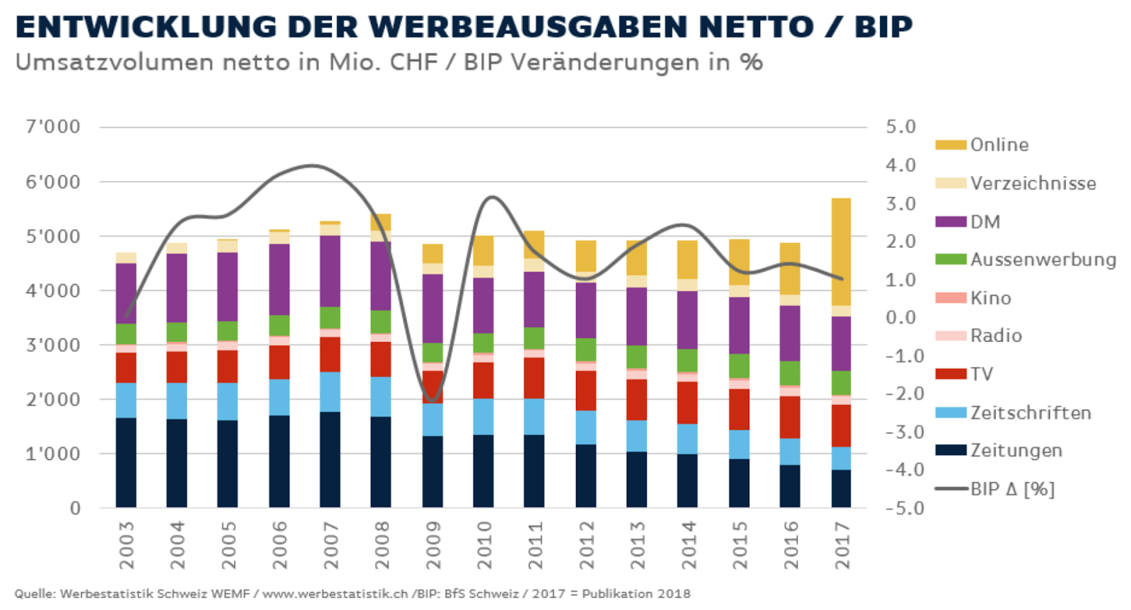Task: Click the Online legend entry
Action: [x=999, y=145]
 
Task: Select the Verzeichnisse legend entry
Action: [x=1032, y=184]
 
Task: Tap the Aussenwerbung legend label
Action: [x=1043, y=260]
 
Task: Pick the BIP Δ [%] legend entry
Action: [x=1012, y=489]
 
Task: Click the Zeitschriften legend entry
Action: [x=1030, y=413]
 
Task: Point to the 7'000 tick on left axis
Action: [x=53, y=127]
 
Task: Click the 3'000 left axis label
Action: [x=53, y=345]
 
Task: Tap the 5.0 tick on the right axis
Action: [x=901, y=127]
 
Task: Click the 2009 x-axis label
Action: [x=433, y=545]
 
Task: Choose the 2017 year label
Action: [x=842, y=545]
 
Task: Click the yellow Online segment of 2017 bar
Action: [x=841, y=251]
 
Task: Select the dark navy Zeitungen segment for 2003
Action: [x=126, y=462]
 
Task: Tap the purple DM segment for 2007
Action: [x=330, y=271]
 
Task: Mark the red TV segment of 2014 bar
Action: [x=687, y=402]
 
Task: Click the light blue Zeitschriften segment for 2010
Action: [x=484, y=416]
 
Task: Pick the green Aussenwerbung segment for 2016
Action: [x=790, y=373]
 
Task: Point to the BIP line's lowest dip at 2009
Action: [x=433, y=400]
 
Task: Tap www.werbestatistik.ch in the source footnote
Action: [x=335, y=594]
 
